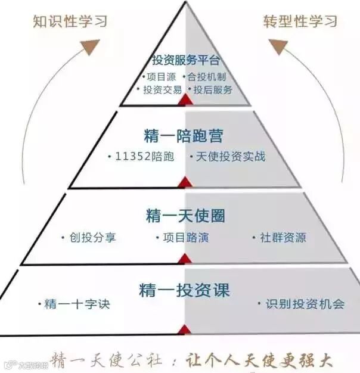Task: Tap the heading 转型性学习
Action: pyautogui.click(x=300, y=21)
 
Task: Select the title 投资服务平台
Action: pyautogui.click(x=186, y=60)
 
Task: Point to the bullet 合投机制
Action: pyautogui.click(x=206, y=76)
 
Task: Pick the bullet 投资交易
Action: pyautogui.click(x=159, y=89)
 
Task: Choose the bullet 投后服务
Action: pyautogui.click(x=210, y=89)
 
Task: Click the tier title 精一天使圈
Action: pyautogui.click(x=185, y=215)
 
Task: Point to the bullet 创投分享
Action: pyautogui.click(x=89, y=237)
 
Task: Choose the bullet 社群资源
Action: pyautogui.click(x=280, y=237)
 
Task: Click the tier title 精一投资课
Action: pyautogui.click(x=184, y=290)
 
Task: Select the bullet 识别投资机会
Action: pyautogui.click(x=301, y=304)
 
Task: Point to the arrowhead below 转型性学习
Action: pyautogui.click(x=279, y=46)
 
